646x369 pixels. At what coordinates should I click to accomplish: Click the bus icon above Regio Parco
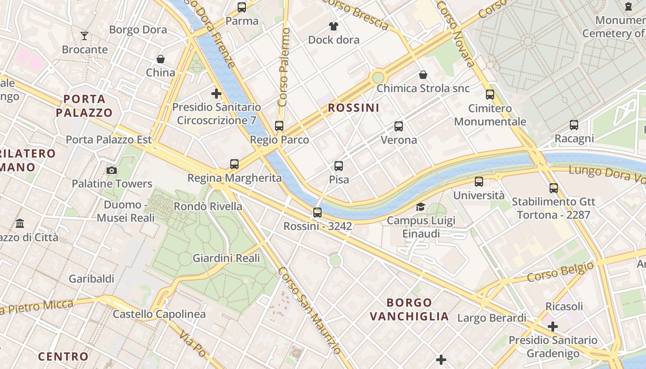coord(279,125)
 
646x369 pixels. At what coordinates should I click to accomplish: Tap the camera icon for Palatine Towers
coord(111,170)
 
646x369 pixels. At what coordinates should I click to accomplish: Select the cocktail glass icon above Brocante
coord(84,36)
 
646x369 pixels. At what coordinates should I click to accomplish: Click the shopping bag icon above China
coord(161,59)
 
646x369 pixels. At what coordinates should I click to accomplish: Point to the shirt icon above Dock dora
coord(333,26)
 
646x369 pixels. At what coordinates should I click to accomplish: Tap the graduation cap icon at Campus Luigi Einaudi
coord(420,207)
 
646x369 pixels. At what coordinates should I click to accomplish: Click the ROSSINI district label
coord(353,108)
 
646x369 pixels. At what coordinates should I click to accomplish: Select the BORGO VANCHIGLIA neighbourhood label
coord(409,309)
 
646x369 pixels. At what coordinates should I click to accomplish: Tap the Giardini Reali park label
coord(226,258)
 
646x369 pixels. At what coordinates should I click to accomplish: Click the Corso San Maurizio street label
coord(309,313)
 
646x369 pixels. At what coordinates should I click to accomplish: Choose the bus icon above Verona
coord(399,126)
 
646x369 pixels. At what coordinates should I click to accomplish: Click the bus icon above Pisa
coord(339,166)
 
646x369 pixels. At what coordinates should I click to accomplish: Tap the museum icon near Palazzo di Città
coord(20,224)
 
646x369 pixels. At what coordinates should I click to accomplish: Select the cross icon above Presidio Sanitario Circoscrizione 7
coord(216,94)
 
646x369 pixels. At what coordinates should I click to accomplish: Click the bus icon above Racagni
coord(574,125)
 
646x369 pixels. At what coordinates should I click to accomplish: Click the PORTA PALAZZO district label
coord(84,106)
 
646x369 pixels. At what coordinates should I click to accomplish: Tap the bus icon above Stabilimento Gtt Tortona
coord(554,188)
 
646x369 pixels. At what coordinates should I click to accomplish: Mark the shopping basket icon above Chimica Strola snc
coord(423,75)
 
